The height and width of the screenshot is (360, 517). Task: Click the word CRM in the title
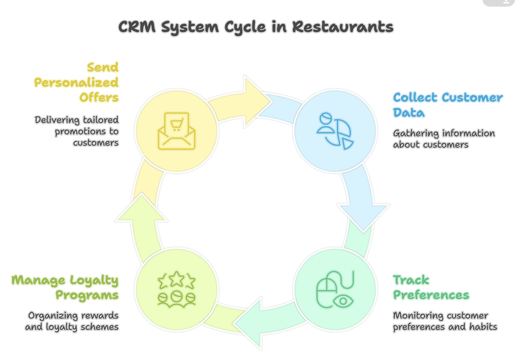(137, 27)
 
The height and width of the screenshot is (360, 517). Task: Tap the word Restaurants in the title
(343, 27)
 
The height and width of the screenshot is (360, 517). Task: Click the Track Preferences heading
(431, 287)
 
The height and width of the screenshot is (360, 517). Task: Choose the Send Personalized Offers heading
(77, 83)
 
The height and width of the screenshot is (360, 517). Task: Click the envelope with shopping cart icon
(177, 131)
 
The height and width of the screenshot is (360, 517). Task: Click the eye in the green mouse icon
(343, 302)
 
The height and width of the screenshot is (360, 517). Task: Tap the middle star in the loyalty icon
(177, 279)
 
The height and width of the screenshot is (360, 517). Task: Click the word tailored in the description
(101, 120)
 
